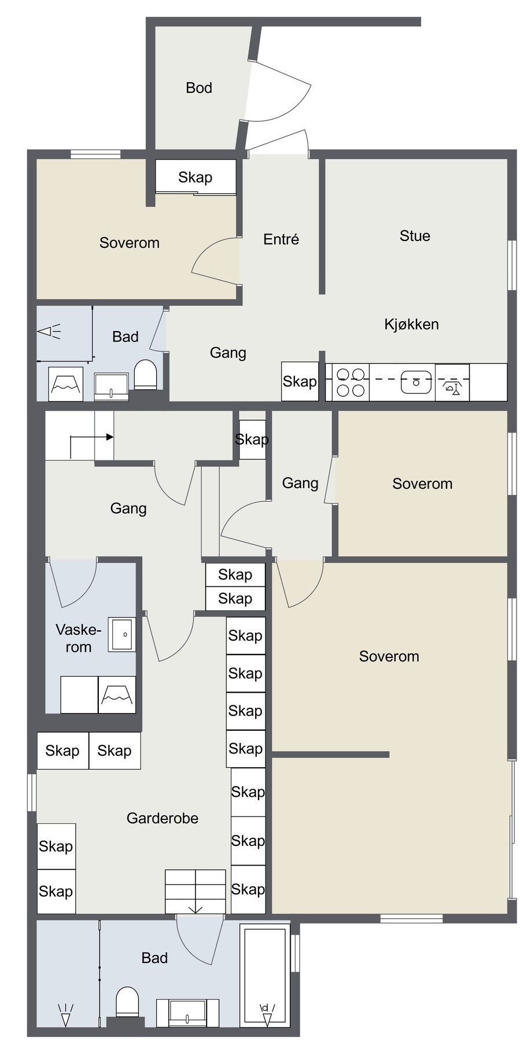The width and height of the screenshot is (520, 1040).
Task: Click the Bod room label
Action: [x=198, y=88]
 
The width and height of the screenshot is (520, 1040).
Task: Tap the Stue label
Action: [x=415, y=236]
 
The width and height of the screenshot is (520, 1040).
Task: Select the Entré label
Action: [x=281, y=239]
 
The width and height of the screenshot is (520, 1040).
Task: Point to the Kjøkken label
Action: [x=411, y=324]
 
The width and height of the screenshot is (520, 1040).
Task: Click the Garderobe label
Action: [x=163, y=818]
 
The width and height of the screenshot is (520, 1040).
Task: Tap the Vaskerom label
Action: [x=78, y=638]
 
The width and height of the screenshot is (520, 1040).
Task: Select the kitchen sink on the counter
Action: [x=416, y=382]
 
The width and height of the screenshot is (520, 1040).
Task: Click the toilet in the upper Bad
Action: [x=145, y=374]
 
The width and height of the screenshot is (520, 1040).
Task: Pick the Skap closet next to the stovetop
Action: [x=300, y=381]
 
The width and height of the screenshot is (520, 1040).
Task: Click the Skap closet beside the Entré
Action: [x=196, y=177]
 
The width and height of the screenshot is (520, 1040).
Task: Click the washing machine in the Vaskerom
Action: [x=117, y=694]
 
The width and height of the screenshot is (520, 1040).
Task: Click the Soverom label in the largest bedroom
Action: [x=389, y=656]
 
